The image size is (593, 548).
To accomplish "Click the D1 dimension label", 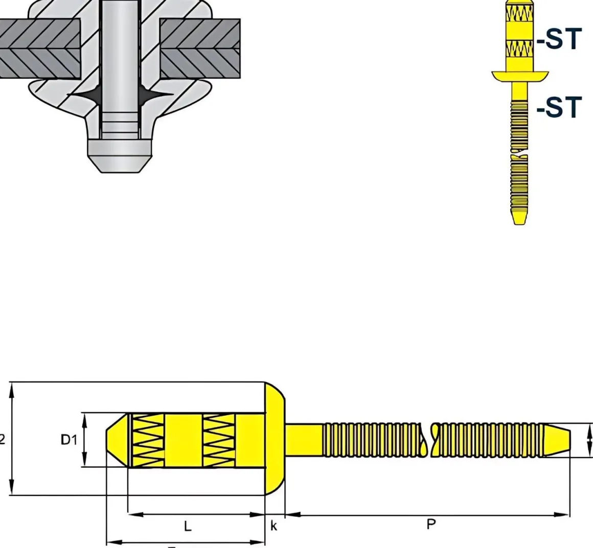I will [69, 439].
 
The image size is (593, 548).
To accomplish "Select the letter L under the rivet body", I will [188, 526].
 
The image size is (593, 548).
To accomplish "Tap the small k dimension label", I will [274, 526].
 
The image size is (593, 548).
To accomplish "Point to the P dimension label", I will [431, 525].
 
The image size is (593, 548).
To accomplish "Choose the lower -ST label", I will [559, 107].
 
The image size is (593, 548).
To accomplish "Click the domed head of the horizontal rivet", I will [275, 439].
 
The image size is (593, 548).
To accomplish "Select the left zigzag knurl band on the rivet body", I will [148, 439].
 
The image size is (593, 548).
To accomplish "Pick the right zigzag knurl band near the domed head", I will [219, 439].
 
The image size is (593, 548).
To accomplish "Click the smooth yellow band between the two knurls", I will [183, 439].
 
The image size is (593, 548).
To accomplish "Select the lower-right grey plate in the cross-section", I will [200, 63].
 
